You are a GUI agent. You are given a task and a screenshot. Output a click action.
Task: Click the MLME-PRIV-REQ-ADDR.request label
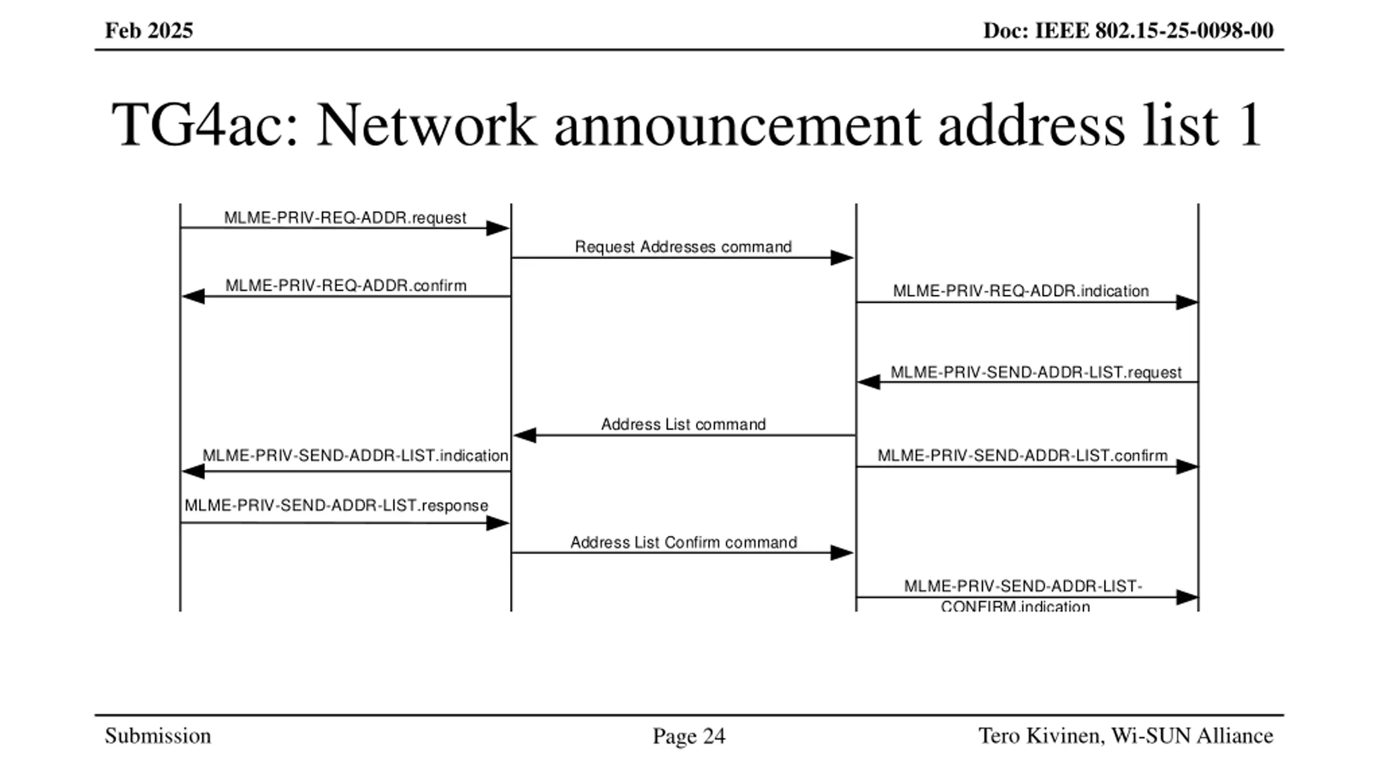point(345,218)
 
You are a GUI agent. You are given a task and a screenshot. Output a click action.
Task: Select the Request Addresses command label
point(683,247)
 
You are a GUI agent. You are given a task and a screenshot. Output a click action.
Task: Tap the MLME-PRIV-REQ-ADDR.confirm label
point(346,286)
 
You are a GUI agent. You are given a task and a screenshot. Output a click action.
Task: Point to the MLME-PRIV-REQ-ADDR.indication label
point(1021,291)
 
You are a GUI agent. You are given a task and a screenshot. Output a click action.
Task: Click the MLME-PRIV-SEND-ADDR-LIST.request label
point(1036,372)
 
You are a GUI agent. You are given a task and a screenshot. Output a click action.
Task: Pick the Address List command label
point(683,425)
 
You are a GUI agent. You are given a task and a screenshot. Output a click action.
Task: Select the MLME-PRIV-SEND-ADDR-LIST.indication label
point(355,456)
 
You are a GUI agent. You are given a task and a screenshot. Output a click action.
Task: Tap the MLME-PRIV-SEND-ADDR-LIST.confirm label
point(1022,456)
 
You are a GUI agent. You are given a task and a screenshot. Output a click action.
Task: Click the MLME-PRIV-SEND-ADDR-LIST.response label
point(336,505)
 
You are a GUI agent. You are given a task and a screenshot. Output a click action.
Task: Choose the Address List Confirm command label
point(684,542)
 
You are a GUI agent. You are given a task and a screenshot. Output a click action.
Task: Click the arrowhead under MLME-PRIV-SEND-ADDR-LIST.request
point(869,382)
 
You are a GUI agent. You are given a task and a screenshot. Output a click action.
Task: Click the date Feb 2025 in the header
point(149,31)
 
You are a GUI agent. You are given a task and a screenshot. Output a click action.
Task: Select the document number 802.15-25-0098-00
point(1184,31)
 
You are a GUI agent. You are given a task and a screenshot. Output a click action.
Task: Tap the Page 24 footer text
point(689,736)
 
